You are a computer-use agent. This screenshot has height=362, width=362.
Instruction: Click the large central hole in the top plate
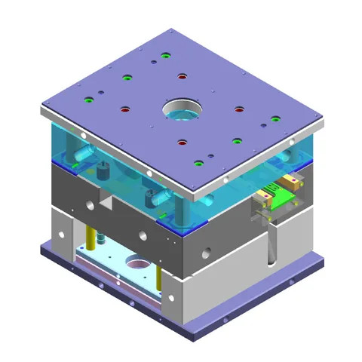tap(181, 111)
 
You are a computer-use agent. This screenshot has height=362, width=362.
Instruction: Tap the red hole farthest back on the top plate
tap(182, 75)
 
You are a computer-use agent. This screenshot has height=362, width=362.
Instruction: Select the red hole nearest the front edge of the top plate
tap(182, 141)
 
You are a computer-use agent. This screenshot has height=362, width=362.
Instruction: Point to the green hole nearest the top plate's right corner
tap(275, 118)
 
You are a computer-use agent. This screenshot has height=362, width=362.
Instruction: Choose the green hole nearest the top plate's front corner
tap(198, 163)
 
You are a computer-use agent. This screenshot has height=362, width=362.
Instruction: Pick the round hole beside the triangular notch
tap(90, 204)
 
